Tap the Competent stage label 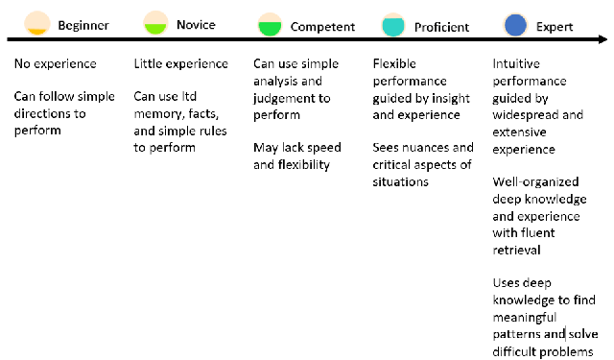coord(322,27)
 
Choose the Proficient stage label coord(441,27)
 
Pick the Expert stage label coord(556,27)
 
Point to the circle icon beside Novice coord(156,23)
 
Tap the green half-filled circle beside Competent coord(271,25)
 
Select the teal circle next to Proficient coord(391,25)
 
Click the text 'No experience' coord(56,64)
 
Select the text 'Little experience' coord(181,64)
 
